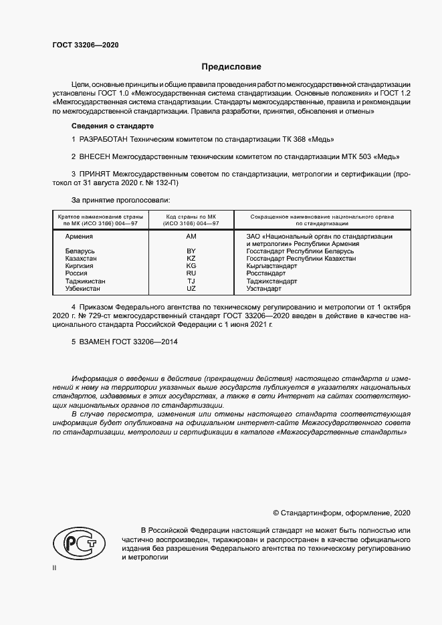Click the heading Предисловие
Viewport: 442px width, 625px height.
click(232, 67)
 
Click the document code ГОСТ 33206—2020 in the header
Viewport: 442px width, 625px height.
click(86, 45)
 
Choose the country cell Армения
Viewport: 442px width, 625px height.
click(79, 237)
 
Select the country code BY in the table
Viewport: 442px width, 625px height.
click(191, 251)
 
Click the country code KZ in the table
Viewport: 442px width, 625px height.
click(191, 259)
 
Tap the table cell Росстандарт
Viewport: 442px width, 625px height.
click(265, 273)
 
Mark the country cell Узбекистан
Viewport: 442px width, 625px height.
click(83, 288)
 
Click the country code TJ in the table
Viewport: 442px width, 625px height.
click(191, 281)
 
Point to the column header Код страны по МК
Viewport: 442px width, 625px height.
click(191, 217)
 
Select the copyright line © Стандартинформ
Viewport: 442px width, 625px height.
click(341, 513)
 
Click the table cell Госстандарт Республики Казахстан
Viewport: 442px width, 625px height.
click(301, 259)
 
